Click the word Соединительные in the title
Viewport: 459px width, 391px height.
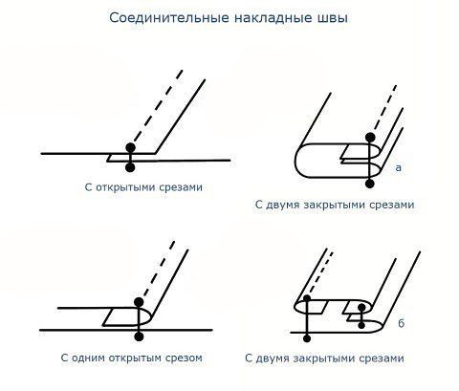169,18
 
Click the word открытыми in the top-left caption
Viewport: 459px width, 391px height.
126,187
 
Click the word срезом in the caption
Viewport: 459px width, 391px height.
184,358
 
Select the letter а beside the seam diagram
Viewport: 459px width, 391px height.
399,167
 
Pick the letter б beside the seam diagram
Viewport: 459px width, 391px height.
401,323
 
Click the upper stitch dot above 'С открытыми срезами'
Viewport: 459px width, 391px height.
130,147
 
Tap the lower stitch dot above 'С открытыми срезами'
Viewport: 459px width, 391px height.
130,167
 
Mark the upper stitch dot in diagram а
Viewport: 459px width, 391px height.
370,138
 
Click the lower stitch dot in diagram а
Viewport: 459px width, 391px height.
370,184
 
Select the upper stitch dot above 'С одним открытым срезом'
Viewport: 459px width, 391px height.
139,302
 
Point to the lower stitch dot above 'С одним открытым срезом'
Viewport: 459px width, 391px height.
139,337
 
